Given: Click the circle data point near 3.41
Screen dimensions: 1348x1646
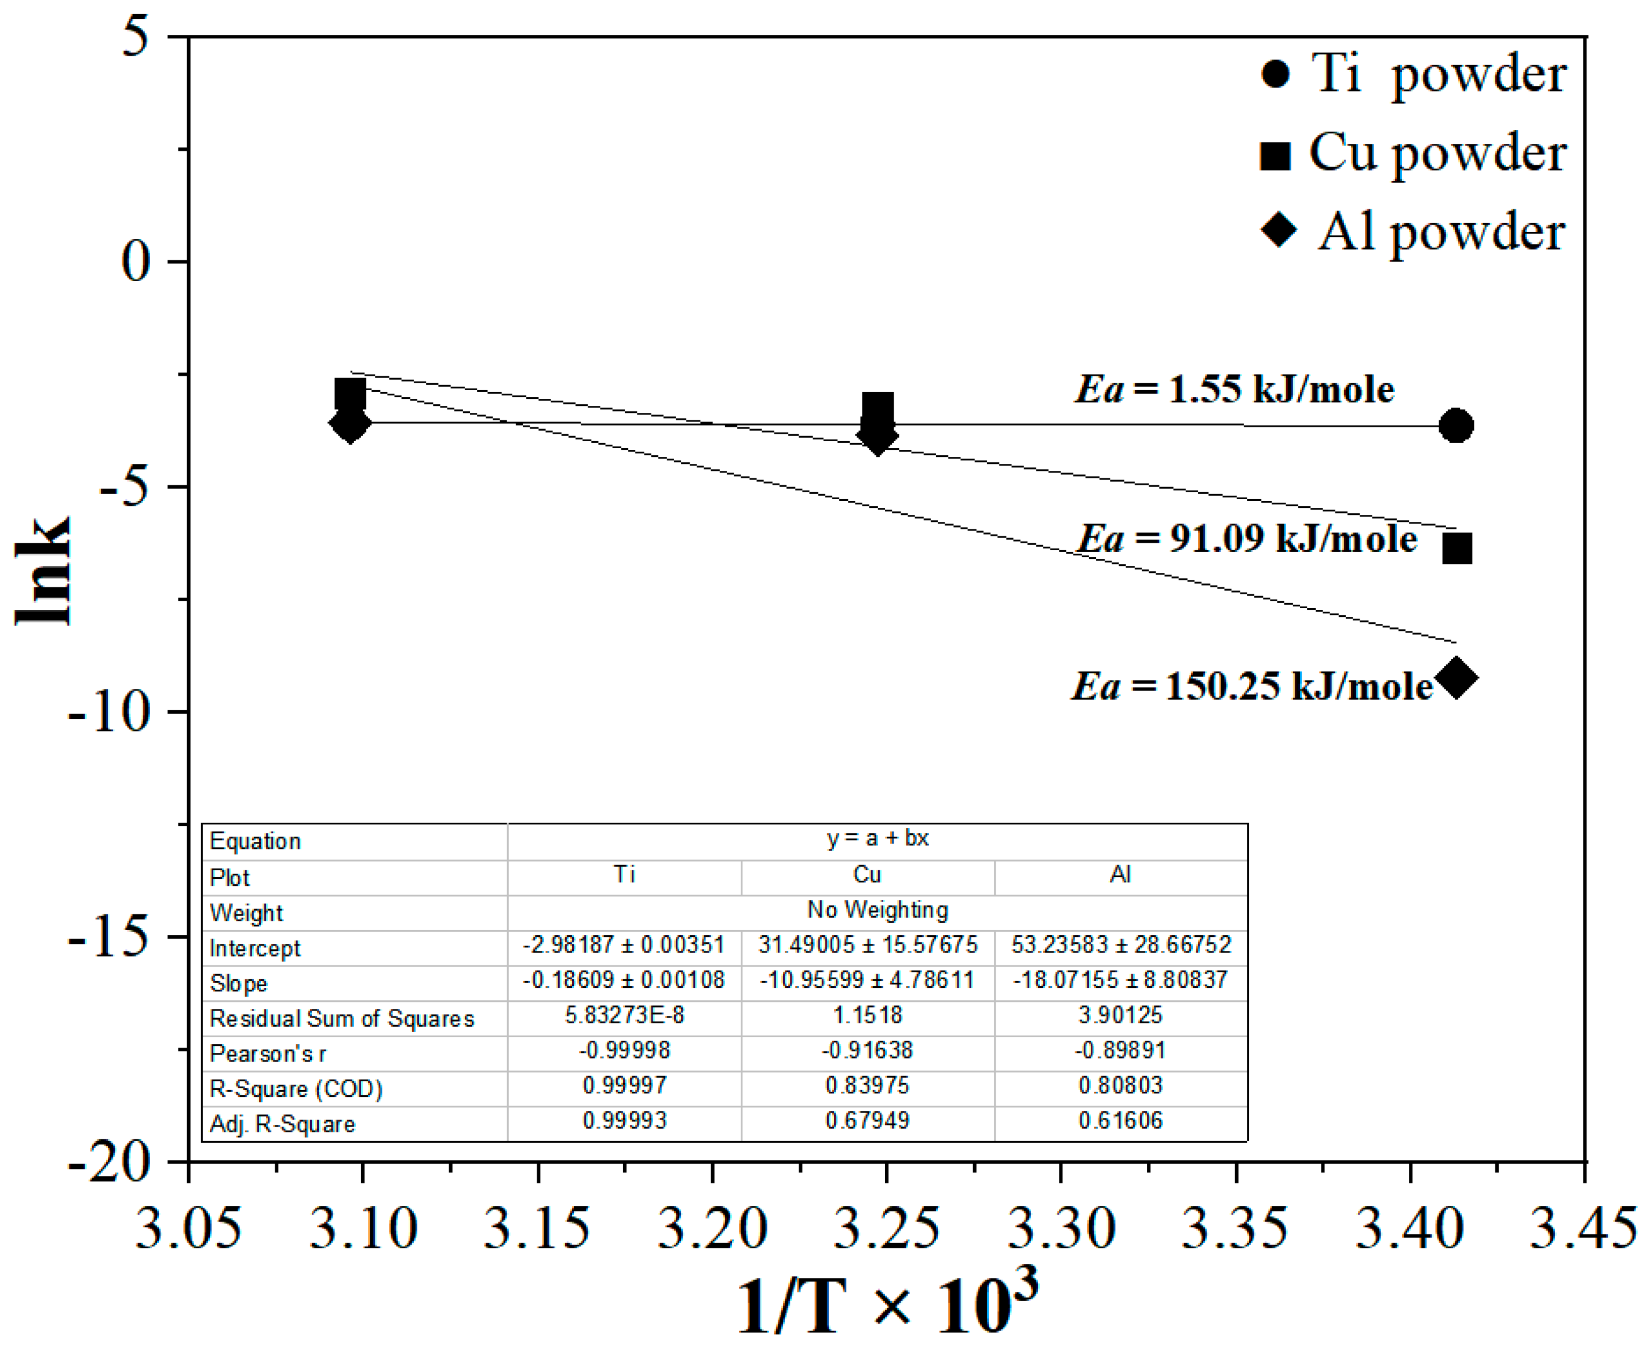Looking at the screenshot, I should coord(1455,426).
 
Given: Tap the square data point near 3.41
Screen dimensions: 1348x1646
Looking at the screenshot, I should coord(1456,548).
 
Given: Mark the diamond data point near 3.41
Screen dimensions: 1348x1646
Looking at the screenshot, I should coord(1456,678).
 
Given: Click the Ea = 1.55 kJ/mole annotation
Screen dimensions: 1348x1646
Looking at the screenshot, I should coord(1234,389).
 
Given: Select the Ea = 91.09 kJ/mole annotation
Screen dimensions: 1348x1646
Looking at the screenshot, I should coord(1246,538).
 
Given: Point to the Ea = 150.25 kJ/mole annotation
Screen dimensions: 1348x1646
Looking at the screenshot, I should coord(1251,686).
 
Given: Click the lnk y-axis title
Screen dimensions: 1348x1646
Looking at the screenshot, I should coord(43,571).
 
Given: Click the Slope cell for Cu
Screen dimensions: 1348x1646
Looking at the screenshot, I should coord(867,980).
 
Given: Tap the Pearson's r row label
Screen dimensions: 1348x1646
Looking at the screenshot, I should coord(268,1053).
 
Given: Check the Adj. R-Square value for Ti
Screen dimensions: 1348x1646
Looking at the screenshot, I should coord(625,1121).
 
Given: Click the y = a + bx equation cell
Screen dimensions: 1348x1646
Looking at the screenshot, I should coord(877,838).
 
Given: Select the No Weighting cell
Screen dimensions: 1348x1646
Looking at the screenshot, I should coord(877,909).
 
